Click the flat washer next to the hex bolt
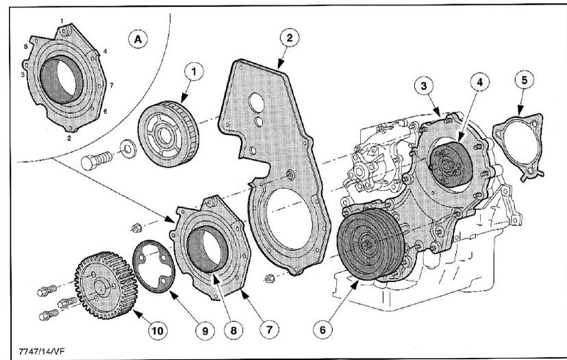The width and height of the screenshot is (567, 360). (128, 147)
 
